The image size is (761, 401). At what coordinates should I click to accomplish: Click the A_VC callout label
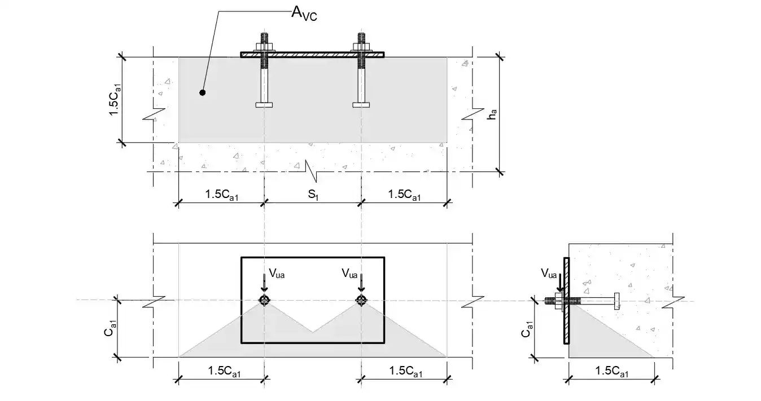pos(304,14)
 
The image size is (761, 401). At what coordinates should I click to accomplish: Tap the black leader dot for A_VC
pos(203,92)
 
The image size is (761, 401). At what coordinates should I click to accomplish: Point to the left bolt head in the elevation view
pos(264,105)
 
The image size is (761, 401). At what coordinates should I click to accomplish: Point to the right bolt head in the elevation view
pos(361,105)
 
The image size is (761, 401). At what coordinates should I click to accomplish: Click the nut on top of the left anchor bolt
pos(264,45)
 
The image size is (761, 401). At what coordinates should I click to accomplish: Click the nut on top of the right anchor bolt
pos(361,45)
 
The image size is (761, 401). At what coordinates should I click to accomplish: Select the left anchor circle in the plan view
pos(264,300)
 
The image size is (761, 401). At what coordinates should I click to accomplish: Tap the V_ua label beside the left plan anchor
pos(277,274)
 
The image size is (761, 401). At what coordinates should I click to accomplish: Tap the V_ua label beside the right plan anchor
pos(349,274)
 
